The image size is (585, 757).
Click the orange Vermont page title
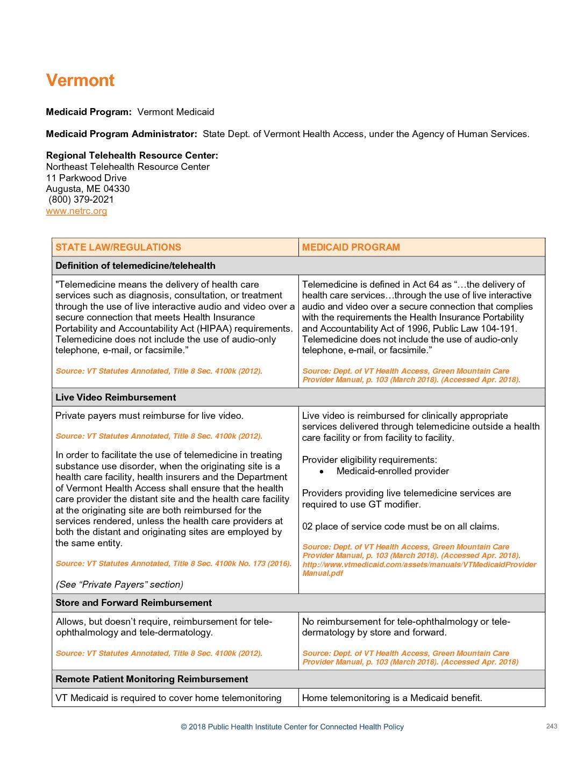(x=80, y=80)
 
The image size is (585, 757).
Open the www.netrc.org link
(x=76, y=211)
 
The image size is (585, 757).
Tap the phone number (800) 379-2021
(x=81, y=199)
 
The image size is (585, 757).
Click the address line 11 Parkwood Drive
(x=87, y=178)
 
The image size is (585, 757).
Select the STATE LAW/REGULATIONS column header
(x=118, y=247)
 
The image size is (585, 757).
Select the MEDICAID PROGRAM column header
(x=351, y=247)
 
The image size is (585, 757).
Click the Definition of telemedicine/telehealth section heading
(x=135, y=266)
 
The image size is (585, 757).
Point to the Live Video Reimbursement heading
(x=116, y=397)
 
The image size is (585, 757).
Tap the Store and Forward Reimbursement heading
(x=134, y=603)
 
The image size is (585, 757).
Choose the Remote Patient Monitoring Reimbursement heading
(x=152, y=679)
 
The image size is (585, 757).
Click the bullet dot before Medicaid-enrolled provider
(x=322, y=472)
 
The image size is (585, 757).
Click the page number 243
(x=552, y=726)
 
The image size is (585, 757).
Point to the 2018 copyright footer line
(x=292, y=727)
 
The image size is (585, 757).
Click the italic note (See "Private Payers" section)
(x=119, y=584)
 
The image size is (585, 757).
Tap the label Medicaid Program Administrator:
(x=122, y=134)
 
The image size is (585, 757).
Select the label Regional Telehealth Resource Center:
(x=132, y=155)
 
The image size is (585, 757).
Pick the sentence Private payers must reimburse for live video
(x=149, y=416)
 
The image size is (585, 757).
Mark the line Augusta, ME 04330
(x=88, y=189)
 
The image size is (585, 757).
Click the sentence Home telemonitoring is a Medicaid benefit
(x=392, y=698)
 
